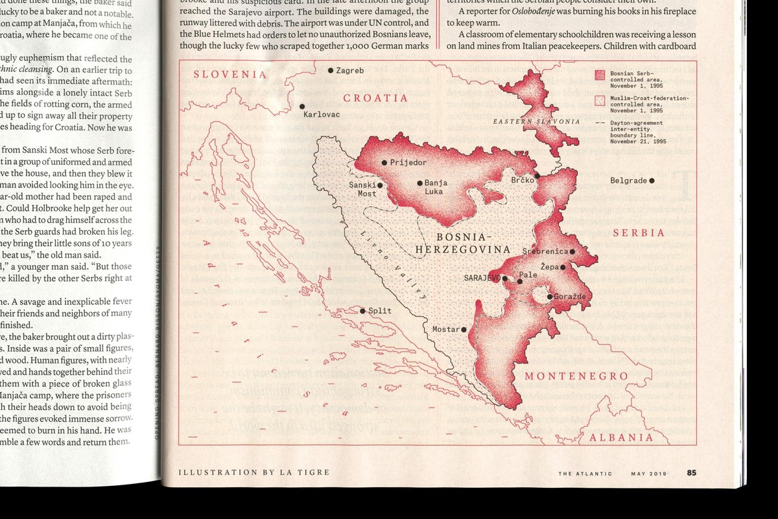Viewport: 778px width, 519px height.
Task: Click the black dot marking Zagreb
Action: click(331, 70)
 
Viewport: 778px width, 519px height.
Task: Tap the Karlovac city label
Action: click(322, 115)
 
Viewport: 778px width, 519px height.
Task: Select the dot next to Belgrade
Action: click(652, 180)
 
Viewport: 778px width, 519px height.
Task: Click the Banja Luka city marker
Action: click(419, 184)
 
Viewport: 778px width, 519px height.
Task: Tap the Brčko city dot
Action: click(537, 175)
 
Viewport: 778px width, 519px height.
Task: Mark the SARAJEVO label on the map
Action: click(481, 278)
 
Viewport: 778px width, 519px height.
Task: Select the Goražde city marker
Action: click(550, 296)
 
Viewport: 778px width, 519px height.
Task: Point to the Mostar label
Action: click(445, 330)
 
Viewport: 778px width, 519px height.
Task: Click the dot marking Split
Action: click(363, 311)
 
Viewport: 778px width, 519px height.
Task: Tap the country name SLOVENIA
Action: click(230, 74)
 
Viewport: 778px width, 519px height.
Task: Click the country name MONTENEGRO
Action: click(576, 376)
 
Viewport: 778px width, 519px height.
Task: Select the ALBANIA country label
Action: click(620, 437)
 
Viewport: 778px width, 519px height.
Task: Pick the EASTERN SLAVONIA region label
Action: click(536, 121)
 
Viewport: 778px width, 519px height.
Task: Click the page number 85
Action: click(692, 473)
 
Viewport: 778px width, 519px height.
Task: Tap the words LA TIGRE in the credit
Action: click(308, 472)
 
